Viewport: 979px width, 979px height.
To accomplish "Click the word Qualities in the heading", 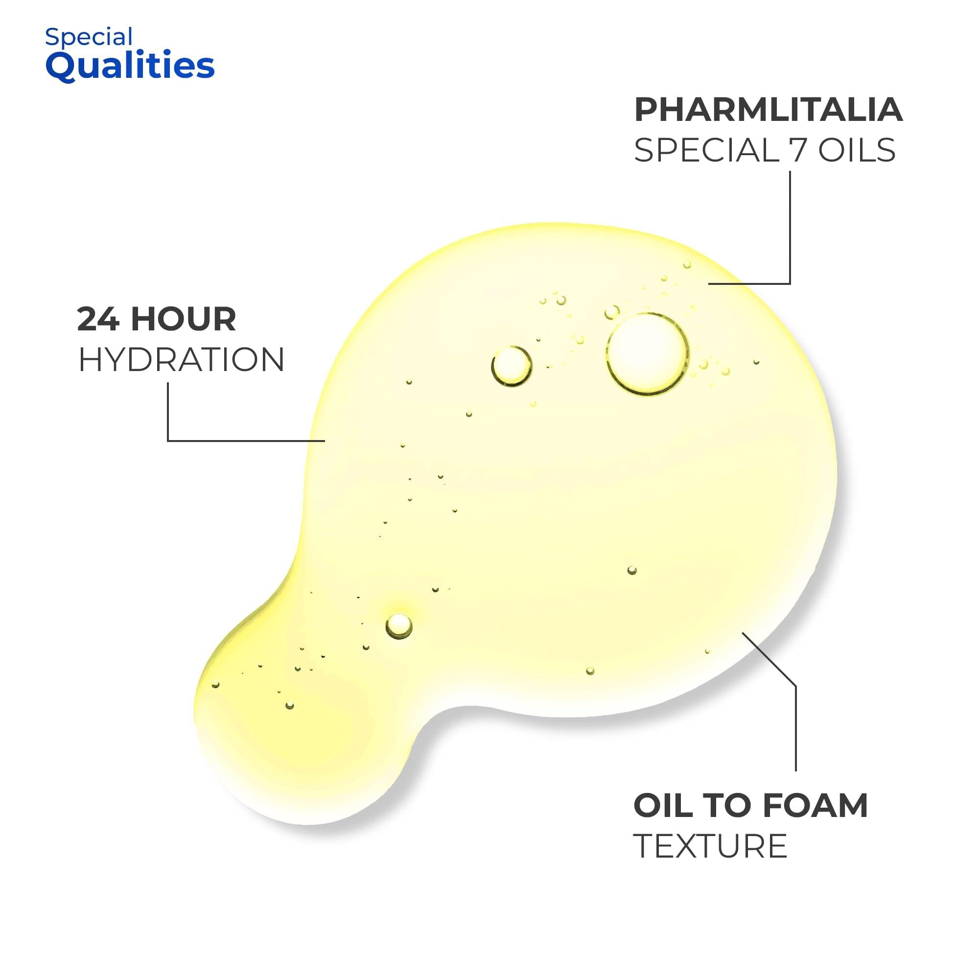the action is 130,67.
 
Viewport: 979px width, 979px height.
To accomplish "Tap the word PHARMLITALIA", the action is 768,110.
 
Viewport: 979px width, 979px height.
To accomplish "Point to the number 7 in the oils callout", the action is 797,150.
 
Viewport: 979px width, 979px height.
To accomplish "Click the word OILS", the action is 857,150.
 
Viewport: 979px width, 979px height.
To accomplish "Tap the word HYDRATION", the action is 181,360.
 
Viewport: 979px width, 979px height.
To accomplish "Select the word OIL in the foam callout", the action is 663,806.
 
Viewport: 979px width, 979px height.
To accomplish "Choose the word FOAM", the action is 815,806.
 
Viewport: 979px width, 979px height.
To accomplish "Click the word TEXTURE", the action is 710,846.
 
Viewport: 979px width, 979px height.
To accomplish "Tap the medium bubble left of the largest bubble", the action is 512,366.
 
